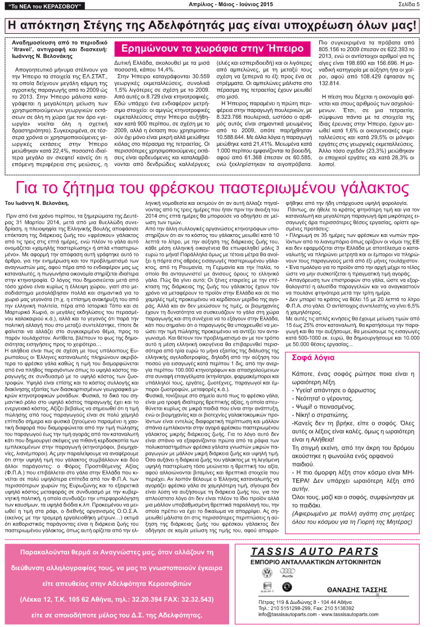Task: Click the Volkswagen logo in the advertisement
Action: [267, 573]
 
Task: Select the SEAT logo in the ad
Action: [267, 589]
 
